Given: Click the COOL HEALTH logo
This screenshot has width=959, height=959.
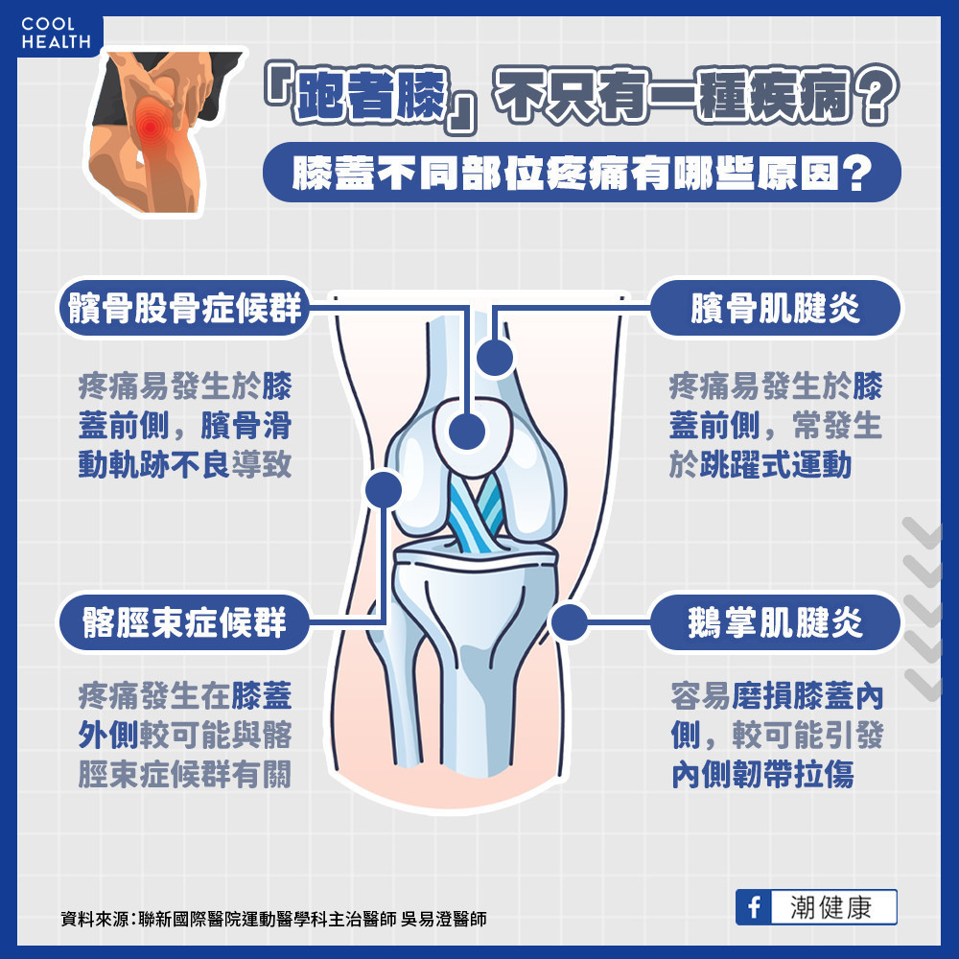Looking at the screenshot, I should coord(55,33).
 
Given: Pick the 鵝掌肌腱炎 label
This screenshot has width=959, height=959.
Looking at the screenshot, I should coord(775,624).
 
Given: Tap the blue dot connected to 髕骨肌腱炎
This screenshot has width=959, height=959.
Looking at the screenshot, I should coord(495,359).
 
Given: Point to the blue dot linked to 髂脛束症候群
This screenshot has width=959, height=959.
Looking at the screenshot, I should coord(384,490).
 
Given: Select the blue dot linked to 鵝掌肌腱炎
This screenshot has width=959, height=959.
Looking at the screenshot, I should coord(569,623).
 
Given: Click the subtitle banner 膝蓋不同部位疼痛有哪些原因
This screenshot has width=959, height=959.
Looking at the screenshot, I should coord(582,174).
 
